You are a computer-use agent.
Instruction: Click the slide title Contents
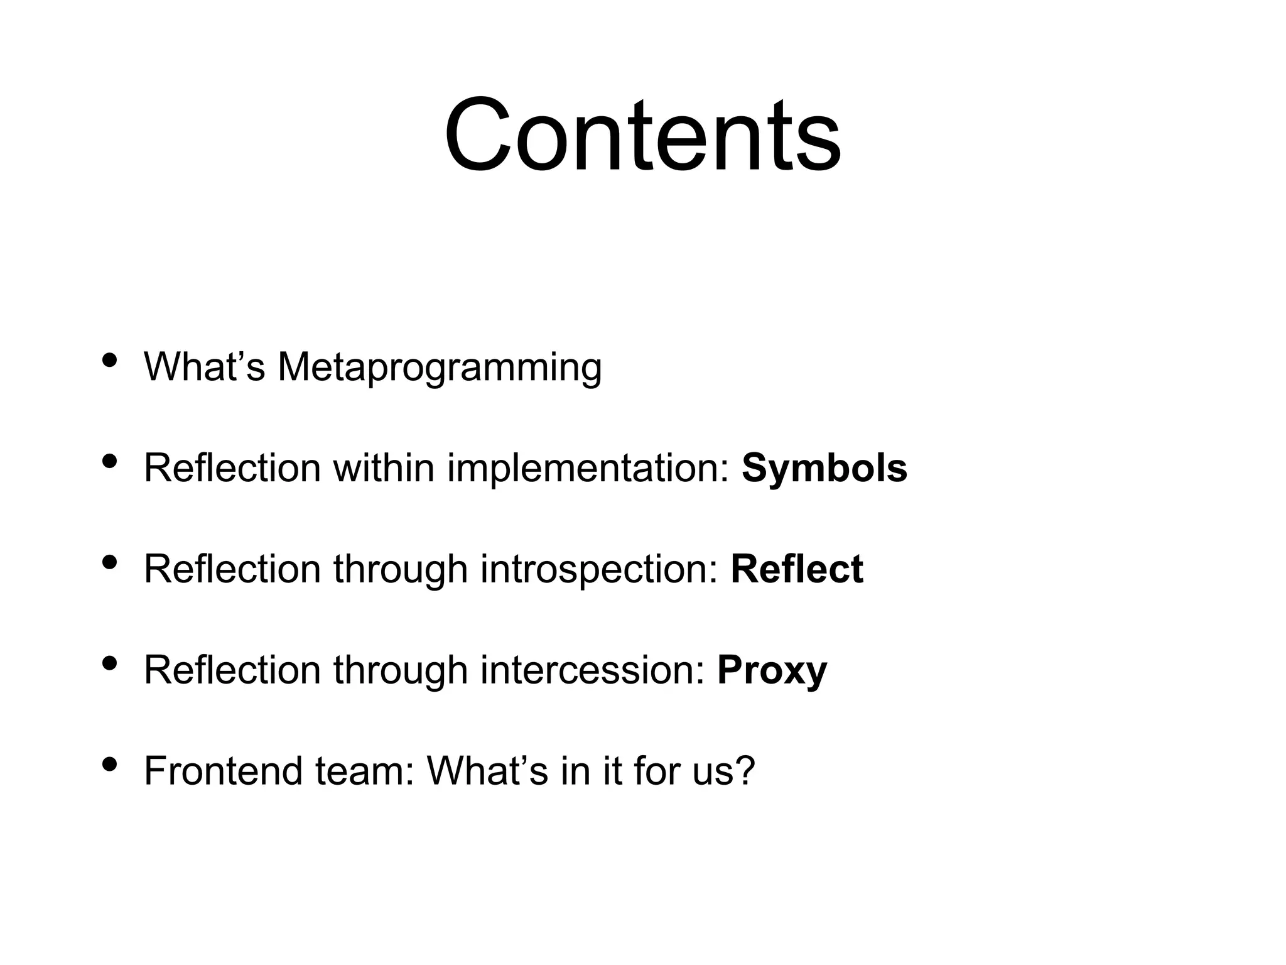[x=642, y=135]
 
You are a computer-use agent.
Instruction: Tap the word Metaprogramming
[x=440, y=368]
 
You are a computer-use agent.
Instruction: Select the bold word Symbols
[x=824, y=469]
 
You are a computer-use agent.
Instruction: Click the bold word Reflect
[x=796, y=569]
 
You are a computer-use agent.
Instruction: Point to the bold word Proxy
[x=772, y=671]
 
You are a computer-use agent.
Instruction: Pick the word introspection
[x=598, y=570]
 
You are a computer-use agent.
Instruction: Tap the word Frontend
[x=224, y=771]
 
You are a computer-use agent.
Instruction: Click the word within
[x=384, y=469]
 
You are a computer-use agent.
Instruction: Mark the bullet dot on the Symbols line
[x=110, y=462]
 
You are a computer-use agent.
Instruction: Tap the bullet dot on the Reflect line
[x=110, y=563]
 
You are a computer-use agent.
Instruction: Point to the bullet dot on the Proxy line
[x=110, y=663]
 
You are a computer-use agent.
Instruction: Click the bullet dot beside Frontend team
[x=110, y=765]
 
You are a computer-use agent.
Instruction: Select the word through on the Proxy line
[x=400, y=671]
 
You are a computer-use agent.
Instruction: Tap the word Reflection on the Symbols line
[x=232, y=469]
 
